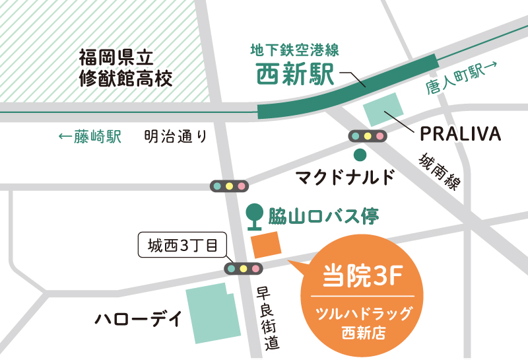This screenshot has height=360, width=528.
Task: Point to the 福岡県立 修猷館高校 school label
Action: [x=125, y=68]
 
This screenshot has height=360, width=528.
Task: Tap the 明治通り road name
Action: [x=176, y=137]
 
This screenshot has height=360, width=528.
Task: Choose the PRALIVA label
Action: [x=461, y=135]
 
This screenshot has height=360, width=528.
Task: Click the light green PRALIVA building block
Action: [x=382, y=110]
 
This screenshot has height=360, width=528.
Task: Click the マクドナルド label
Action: [x=345, y=178]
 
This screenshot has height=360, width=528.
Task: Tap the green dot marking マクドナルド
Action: [x=360, y=156]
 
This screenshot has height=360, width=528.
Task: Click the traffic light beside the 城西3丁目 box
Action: [x=244, y=268]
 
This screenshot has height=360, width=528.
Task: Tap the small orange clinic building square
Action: [x=267, y=244]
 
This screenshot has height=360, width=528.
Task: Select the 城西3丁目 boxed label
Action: [x=183, y=247]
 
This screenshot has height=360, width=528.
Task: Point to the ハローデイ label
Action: [x=138, y=320]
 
